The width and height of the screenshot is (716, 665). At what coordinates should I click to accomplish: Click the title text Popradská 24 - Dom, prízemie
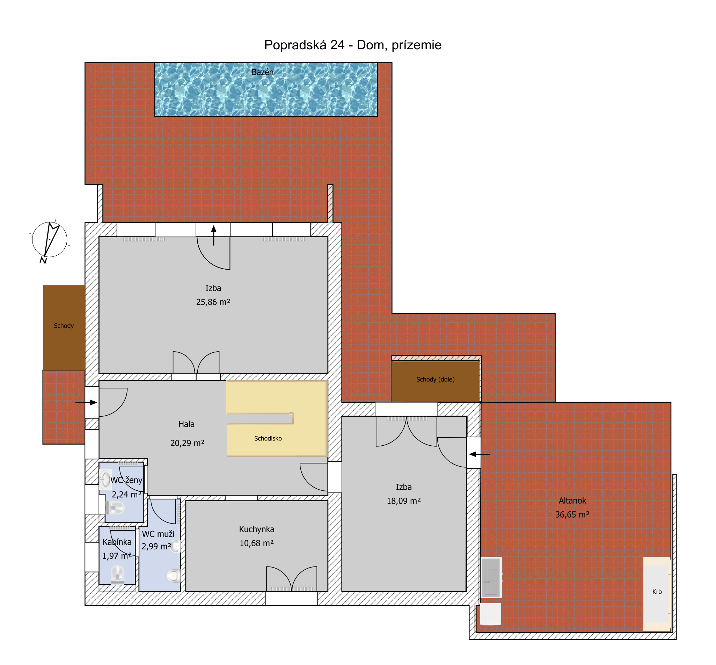pos(353,45)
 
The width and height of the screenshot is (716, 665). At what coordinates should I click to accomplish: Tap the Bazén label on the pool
pos(262,72)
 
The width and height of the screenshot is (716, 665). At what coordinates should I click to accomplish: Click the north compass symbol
pos(49,240)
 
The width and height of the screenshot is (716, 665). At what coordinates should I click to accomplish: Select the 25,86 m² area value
pos(213,302)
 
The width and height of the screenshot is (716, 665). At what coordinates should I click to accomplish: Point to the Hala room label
pos(187,424)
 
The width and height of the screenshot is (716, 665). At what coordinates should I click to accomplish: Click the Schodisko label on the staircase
pos(268,438)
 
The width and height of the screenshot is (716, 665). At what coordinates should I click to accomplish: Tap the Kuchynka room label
pos(256,529)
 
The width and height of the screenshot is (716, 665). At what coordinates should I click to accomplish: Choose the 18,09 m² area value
pos(404,501)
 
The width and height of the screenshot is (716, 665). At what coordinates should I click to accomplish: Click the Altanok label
pos(572,500)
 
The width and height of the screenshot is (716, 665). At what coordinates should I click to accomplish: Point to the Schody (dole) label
pos(435,379)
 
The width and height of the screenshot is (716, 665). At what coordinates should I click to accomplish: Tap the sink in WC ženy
pos(105,480)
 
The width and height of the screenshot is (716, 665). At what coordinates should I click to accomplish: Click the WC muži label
pos(158,534)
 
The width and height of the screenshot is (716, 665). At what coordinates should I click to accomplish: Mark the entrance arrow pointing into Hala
pos(86,402)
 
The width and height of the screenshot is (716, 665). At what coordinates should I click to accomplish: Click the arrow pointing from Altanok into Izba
pos(480,454)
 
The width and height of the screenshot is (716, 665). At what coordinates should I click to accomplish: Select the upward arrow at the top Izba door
pos(214,235)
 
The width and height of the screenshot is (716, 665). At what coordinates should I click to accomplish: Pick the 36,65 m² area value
pos(572,514)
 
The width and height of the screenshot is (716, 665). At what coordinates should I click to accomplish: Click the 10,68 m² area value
pos(256,543)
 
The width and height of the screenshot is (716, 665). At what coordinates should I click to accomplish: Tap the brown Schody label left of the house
pos(64,326)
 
